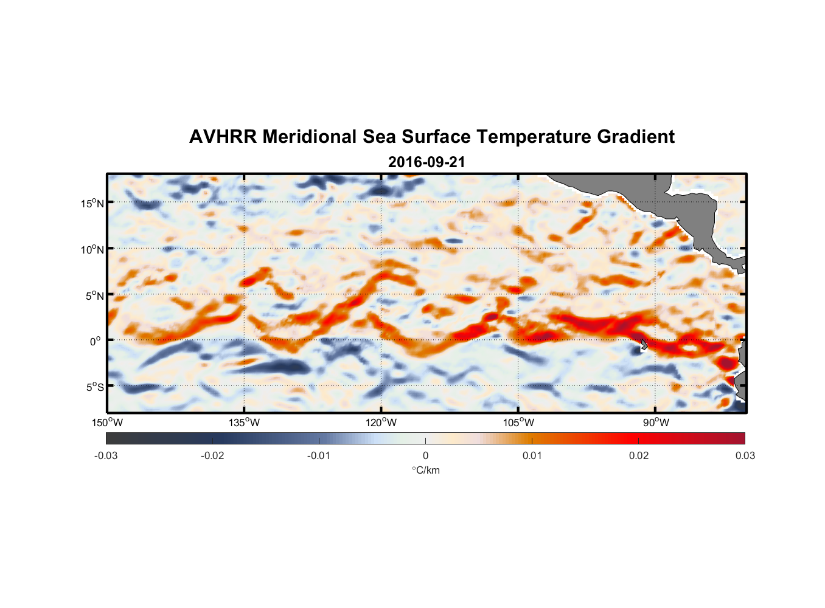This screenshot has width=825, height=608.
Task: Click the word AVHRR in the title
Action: [x=223, y=137]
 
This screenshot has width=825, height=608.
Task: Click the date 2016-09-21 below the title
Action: [x=426, y=162]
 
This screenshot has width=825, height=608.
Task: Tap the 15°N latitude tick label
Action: [x=92, y=203]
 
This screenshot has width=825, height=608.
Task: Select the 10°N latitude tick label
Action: [x=92, y=249]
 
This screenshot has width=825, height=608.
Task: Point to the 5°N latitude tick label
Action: [x=94, y=295]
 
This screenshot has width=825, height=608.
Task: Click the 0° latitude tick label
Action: [x=96, y=341]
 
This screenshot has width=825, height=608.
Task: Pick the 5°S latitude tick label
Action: [x=94, y=387]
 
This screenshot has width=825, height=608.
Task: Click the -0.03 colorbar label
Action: [x=106, y=455]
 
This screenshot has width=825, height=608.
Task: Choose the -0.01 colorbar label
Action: [x=319, y=455]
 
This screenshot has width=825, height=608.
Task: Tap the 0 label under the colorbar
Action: [x=425, y=455]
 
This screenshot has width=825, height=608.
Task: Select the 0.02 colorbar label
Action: [x=639, y=455]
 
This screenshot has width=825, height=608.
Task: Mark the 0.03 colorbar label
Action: [x=745, y=455]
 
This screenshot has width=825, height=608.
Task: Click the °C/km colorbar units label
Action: [x=425, y=470]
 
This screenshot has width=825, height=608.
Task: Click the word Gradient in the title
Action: [x=636, y=137]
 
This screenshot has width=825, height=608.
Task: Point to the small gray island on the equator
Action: [x=644, y=344]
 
